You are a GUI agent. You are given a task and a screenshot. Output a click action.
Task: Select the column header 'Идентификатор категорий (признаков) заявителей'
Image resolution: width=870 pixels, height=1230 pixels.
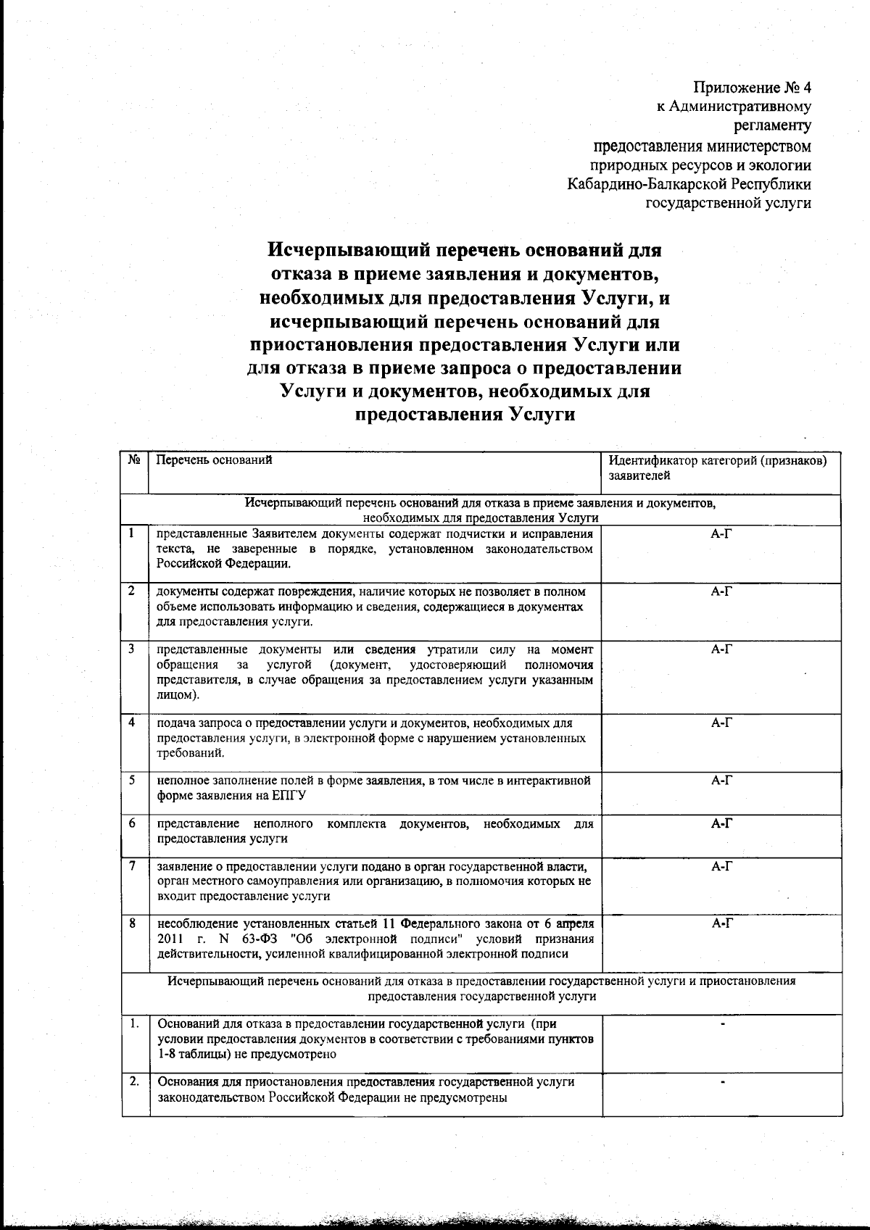tap(718, 468)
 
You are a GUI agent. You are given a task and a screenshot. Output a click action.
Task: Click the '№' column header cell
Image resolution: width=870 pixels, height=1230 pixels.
tap(134, 460)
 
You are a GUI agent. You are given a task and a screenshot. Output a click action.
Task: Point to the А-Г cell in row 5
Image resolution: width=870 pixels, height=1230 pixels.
tap(722, 781)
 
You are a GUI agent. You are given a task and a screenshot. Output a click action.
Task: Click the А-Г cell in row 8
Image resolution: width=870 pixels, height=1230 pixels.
tap(722, 923)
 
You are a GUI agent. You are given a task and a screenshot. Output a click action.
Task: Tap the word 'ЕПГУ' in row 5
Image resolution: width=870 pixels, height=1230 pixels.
tap(293, 795)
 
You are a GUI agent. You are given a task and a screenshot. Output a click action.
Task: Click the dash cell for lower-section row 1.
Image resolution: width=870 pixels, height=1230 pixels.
tap(722, 1025)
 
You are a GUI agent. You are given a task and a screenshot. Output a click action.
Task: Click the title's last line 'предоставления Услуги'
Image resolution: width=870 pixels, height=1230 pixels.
tap(465, 415)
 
